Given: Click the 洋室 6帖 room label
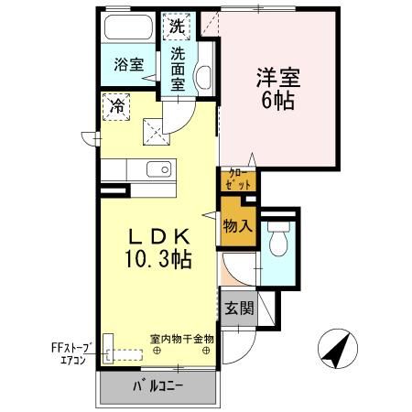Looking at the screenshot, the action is coord(278,89).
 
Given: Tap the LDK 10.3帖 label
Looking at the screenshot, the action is coord(158,248).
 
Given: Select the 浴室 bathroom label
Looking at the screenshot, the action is coord(129,64).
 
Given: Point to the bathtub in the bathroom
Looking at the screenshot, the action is coord(128,27).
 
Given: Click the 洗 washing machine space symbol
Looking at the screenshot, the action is coord(177,27).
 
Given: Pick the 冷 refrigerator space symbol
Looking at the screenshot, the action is coord(116,107).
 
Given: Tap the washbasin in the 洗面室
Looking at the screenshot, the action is coord(202,77).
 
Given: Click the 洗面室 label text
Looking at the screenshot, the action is coord(178,70).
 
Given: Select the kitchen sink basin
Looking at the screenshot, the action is coord(158,169).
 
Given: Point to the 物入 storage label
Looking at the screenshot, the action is coord(238,226).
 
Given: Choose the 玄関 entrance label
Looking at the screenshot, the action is coord(240,309).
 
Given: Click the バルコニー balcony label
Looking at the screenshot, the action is coord(158,387).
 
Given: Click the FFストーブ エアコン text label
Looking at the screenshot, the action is coord(71,353).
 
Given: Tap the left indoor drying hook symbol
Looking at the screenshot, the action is coord(157,351).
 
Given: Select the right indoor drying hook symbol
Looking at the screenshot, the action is coord(206,351).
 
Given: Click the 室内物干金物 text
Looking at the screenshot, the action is coord(181,339).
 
